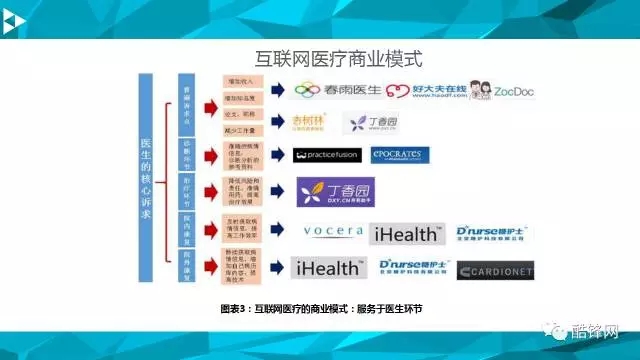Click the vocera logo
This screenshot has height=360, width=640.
(333, 231)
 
